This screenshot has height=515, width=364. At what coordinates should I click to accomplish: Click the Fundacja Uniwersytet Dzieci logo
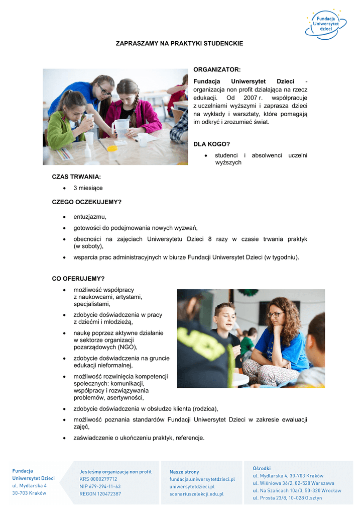(329, 24)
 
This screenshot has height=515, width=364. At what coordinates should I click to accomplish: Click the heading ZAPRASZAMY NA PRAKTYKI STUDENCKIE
(179, 44)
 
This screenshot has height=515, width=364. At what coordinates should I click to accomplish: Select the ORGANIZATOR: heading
(217, 69)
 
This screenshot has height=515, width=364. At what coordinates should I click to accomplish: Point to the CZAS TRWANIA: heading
(76, 177)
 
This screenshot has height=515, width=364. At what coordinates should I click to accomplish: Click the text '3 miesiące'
(88, 188)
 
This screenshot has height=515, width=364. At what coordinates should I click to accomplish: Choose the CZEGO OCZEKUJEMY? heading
(87, 202)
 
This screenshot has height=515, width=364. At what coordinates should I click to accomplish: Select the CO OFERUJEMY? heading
(78, 279)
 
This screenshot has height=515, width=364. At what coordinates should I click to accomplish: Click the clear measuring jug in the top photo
(121, 128)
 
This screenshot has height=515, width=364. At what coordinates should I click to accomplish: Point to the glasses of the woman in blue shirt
(275, 315)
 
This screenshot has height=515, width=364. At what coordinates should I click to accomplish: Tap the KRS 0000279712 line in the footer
(98, 479)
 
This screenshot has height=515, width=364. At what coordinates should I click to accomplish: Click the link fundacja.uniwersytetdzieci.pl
(202, 479)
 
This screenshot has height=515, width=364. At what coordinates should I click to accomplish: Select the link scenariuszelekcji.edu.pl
(196, 494)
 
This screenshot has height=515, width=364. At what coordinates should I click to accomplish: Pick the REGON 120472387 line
(100, 494)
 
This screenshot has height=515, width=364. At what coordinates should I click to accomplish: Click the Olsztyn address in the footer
(287, 498)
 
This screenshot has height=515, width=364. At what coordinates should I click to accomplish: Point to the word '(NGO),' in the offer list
(128, 347)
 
